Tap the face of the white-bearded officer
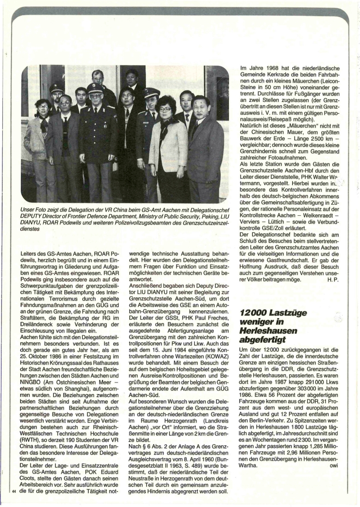pyautogui.click(x=95, y=99)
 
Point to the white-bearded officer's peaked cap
pyautogui.click(x=95, y=87)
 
